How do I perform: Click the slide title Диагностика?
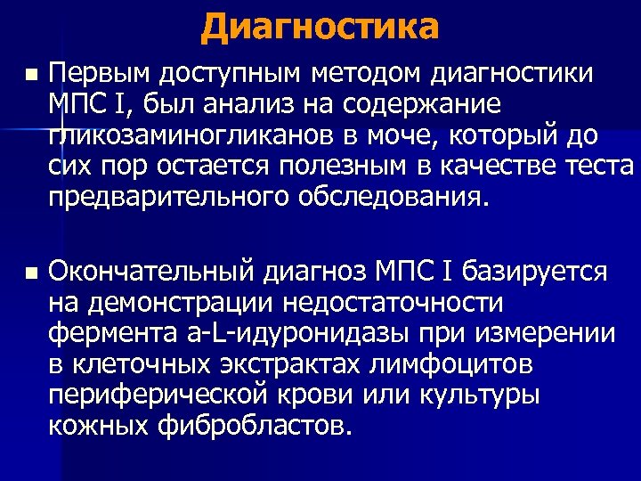click(x=320, y=27)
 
